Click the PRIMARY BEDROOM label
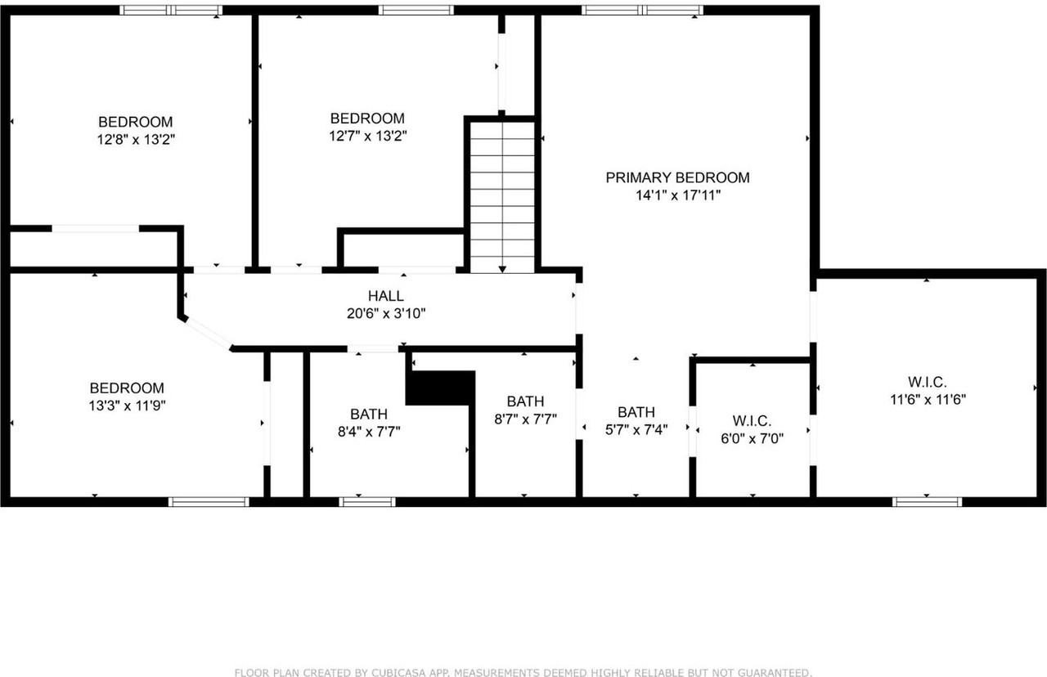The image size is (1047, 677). (677, 177)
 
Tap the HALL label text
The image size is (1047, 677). (385, 296)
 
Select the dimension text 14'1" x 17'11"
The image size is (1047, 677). (677, 195)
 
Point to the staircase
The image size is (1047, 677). (502, 196)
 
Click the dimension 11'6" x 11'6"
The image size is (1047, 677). (927, 400)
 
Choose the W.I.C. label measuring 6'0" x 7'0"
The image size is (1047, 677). (752, 420)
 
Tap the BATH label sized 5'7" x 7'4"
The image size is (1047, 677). (636, 412)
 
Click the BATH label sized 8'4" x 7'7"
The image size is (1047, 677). (369, 414)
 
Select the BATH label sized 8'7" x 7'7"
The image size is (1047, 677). (525, 401)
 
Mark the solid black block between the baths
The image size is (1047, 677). (441, 387)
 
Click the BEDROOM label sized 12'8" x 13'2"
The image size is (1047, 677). (136, 122)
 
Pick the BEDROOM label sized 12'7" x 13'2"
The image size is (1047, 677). (367, 119)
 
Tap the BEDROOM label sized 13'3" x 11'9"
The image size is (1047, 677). (127, 388)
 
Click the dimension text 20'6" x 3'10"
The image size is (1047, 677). (385, 313)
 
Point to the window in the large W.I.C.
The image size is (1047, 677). (927, 501)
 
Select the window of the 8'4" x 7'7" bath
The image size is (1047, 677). (367, 501)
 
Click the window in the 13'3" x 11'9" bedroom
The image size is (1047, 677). (209, 501)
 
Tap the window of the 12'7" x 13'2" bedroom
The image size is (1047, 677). (416, 10)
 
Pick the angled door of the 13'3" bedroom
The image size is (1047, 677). (207, 334)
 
